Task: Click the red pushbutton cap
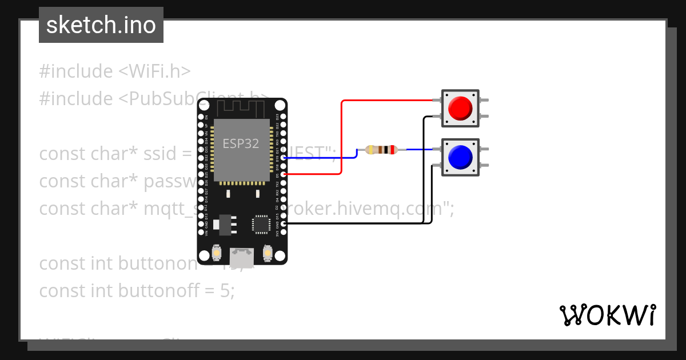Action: point(460,108)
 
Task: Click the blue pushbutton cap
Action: point(460,156)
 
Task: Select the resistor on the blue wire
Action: point(382,150)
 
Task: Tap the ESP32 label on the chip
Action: point(241,143)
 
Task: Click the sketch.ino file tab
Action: point(101,25)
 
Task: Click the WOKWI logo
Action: point(607,315)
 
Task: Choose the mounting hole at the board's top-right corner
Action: point(280,106)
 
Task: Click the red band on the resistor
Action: point(392,150)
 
